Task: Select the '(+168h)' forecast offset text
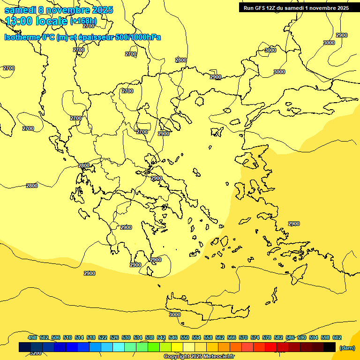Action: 83,21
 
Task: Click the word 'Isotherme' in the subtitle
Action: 22,37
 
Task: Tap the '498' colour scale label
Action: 32,337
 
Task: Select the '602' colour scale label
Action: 337,337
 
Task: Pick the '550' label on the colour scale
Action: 185,337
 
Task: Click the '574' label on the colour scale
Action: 255,337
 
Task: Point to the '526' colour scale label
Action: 114,337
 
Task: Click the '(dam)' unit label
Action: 347,347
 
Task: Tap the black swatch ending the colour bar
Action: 330,347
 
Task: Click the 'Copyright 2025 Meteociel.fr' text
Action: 199,357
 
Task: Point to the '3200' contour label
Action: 35,353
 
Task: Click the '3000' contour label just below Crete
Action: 175,315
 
